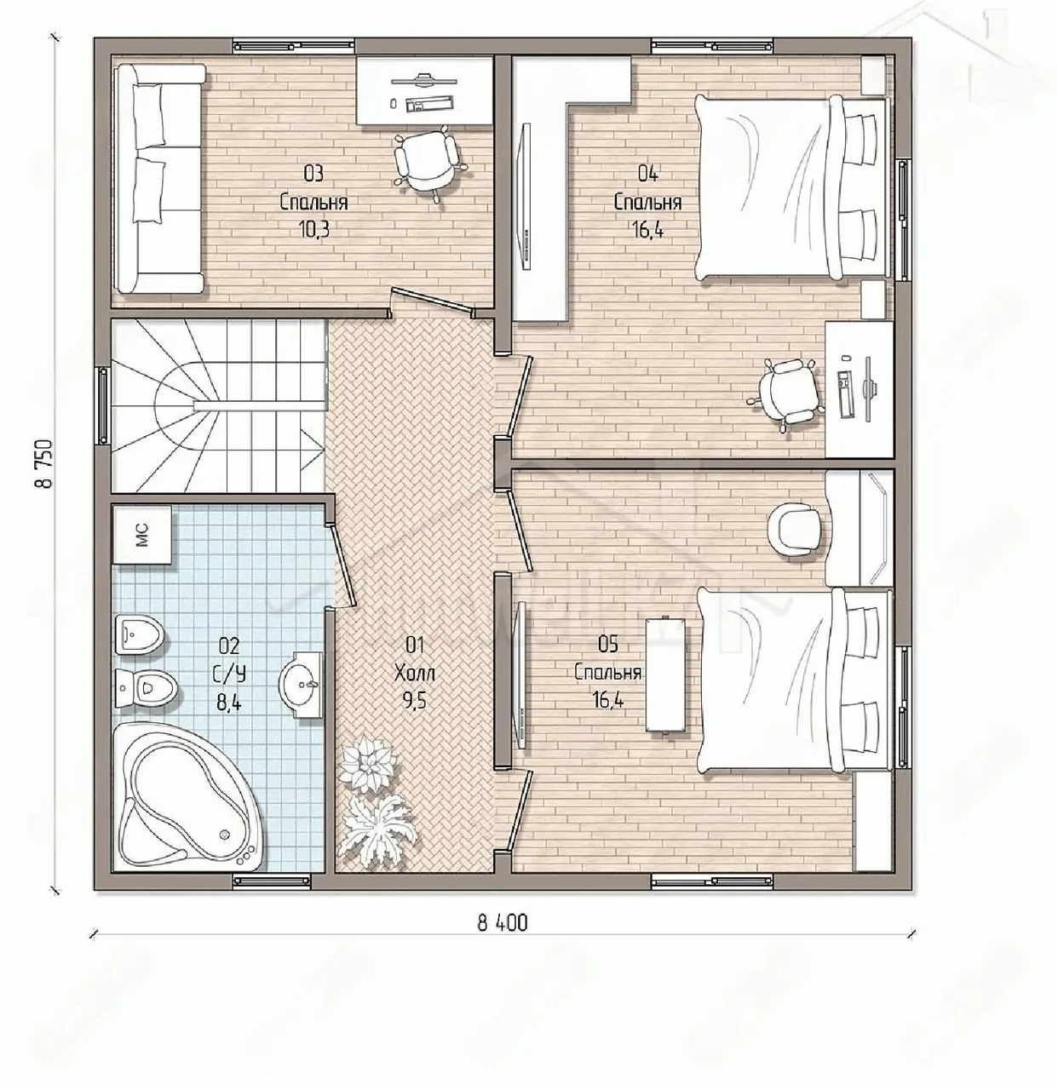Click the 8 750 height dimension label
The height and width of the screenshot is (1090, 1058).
point(43,463)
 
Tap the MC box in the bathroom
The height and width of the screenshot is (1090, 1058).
point(141,535)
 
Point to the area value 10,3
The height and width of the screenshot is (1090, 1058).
point(315,230)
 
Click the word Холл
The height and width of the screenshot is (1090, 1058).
point(415,674)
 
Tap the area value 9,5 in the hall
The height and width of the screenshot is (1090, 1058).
point(415,701)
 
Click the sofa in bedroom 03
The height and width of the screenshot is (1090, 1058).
point(159,178)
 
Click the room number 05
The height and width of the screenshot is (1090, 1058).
point(608,645)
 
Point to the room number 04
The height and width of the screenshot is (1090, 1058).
point(647,174)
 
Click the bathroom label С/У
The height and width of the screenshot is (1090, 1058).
point(229,674)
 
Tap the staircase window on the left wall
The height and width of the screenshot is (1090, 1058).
point(103,405)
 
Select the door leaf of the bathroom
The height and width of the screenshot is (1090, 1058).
point(342,565)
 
